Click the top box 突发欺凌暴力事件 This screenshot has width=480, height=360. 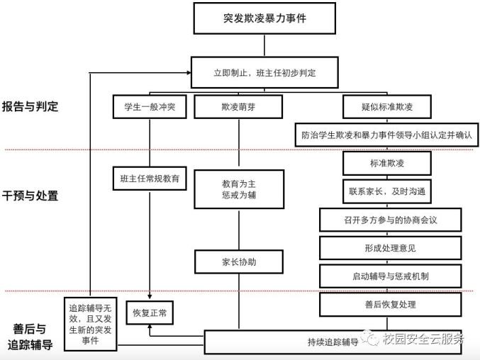click(264, 18)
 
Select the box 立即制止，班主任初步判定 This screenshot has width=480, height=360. click(264, 72)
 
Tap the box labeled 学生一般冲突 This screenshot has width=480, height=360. click(150, 107)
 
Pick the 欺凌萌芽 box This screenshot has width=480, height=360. click(238, 107)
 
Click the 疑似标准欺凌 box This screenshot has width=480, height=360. click(387, 107)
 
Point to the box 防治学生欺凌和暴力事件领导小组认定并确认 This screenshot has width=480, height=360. click(386, 135)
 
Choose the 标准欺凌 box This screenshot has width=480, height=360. click(387, 163)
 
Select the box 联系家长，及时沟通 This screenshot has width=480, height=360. click(387, 191)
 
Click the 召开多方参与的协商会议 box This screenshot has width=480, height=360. click(390, 220)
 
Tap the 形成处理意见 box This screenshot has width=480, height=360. click(390, 248)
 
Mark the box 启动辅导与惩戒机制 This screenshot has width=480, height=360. click(390, 276)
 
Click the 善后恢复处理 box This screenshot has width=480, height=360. click(390, 304)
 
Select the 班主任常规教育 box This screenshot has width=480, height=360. click(150, 179)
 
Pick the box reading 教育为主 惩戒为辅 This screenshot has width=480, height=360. click(239, 189)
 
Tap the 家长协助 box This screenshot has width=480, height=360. click(239, 261)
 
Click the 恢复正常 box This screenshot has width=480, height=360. click(150, 313)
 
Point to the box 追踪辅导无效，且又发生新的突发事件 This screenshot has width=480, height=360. click(90, 324)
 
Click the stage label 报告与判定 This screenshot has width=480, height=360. click(30, 106)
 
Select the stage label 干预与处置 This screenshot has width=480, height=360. click(30, 196)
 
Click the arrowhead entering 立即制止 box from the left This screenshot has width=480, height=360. click(189, 72)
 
